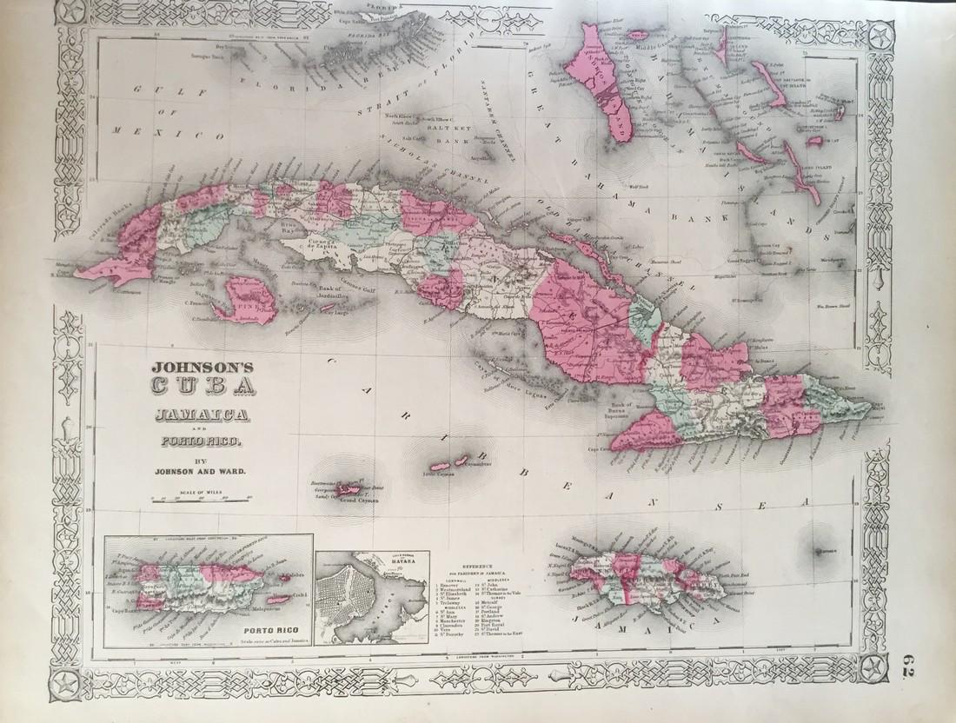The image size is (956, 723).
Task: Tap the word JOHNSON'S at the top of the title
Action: tap(194, 366)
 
